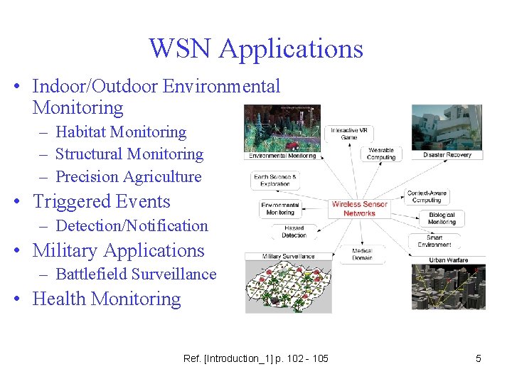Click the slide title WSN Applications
[x=256, y=48]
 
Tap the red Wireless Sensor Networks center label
[x=359, y=208]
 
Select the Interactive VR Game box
[x=348, y=133]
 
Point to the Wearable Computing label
[x=381, y=154]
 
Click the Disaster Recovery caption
[x=447, y=154]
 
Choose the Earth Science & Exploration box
[x=275, y=180]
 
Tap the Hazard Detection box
[x=294, y=231]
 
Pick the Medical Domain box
[x=362, y=254]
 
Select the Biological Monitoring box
[x=442, y=218]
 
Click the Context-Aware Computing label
[x=427, y=196]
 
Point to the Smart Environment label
[x=434, y=241]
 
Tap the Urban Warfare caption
[x=449, y=260]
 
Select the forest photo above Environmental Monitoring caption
[x=282, y=128]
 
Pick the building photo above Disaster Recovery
[x=447, y=127]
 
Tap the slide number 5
[x=478, y=358]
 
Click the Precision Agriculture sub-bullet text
[x=128, y=176]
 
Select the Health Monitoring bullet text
[x=107, y=299]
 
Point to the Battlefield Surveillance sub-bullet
[x=135, y=274]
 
